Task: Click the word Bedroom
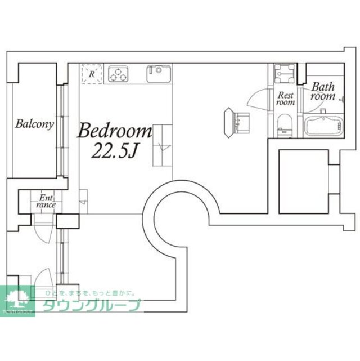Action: pos(115,132)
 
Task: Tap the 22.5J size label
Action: pos(115,151)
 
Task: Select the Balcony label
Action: pos(35,124)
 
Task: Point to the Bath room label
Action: pos(323,91)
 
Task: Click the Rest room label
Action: pos(286,99)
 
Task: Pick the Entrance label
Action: pos(46,201)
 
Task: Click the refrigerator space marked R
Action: pos(91,74)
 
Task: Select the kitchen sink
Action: pos(159,74)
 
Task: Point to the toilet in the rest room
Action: pos(284,123)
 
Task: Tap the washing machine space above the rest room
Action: pos(285,74)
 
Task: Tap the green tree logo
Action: pos(17,299)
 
